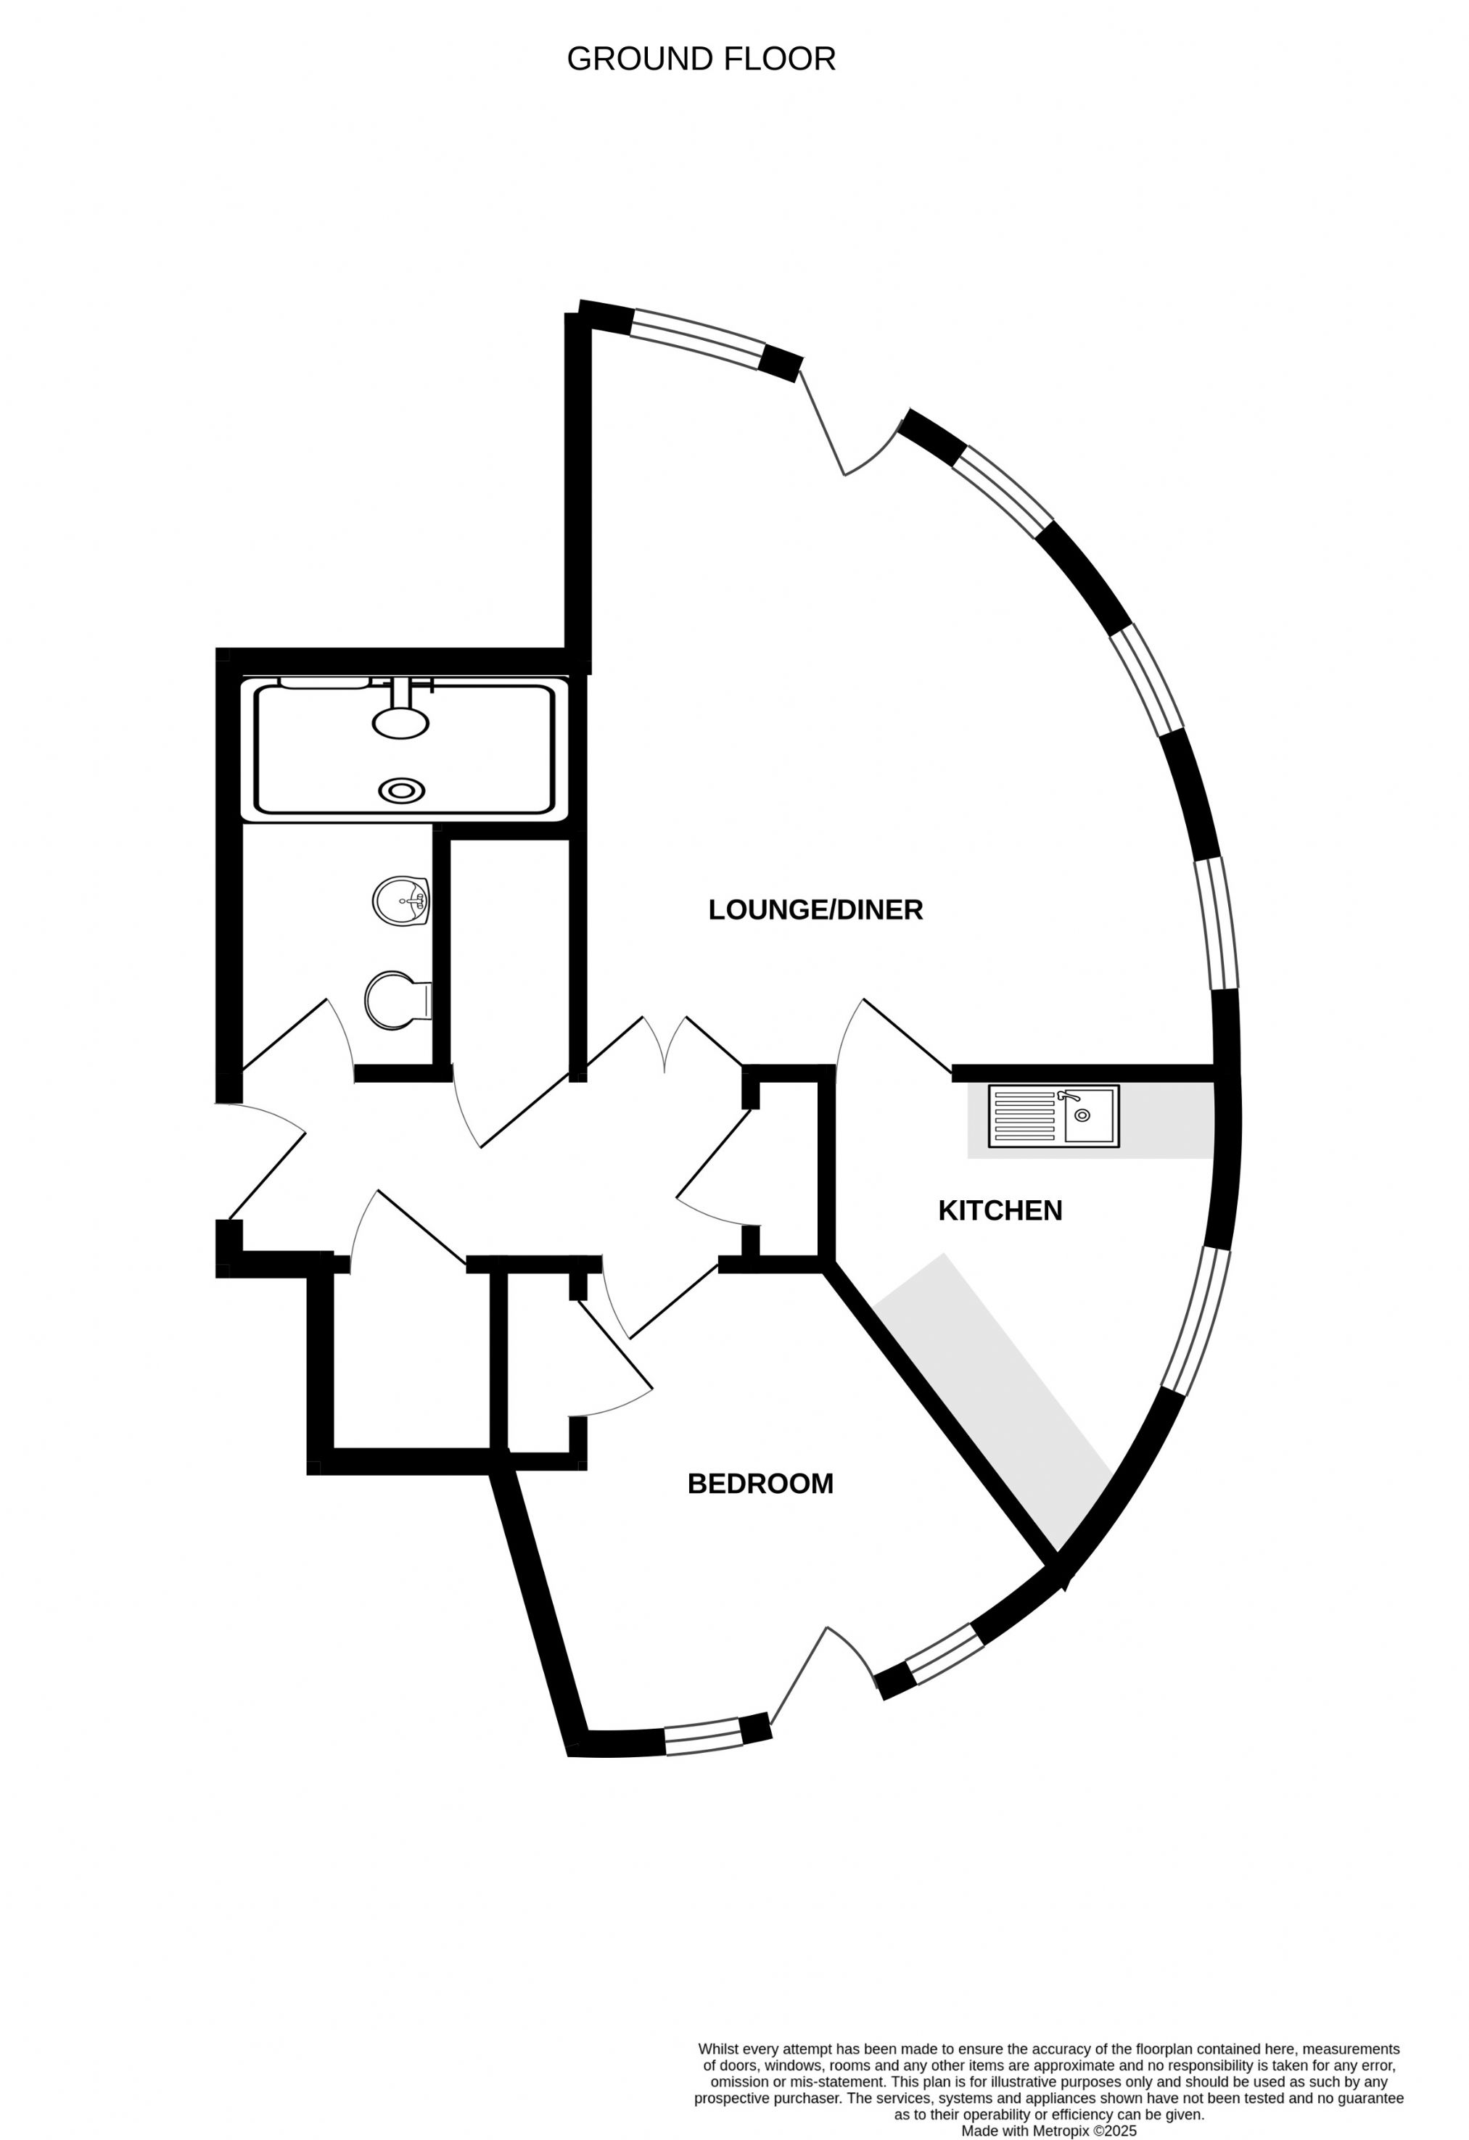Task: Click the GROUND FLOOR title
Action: pos(701,59)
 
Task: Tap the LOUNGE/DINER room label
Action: pos(815,910)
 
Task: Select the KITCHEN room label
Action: pos(1000,1210)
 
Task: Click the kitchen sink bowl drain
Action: pos(1082,1116)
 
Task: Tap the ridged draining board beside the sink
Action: pos(1024,1116)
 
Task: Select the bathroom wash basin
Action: pos(402,901)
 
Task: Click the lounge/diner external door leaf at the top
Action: pos(821,422)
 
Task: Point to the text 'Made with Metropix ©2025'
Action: pos(1049,2131)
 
